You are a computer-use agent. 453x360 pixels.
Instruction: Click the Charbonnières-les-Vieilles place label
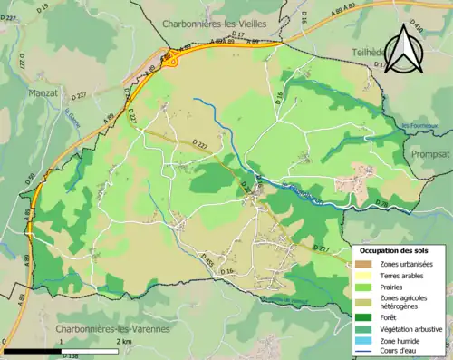click(x=213, y=24)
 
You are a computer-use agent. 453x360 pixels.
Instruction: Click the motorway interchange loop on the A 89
click(x=172, y=61)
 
